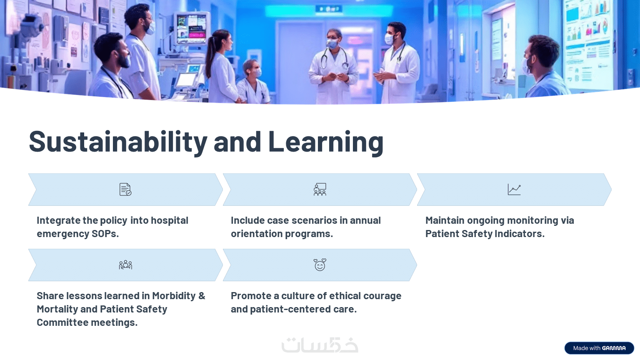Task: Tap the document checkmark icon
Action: pos(125,190)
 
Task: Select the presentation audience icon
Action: pos(320,190)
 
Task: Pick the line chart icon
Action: pos(514,190)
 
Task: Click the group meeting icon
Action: pos(125,265)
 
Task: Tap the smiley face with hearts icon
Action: pos(320,265)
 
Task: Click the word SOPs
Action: pos(105,234)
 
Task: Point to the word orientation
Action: pos(256,234)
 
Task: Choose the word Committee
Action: pos(62,322)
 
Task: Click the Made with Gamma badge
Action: pos(599,348)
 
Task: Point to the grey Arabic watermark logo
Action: pos(320,345)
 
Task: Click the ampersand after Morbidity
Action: pos(202,296)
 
